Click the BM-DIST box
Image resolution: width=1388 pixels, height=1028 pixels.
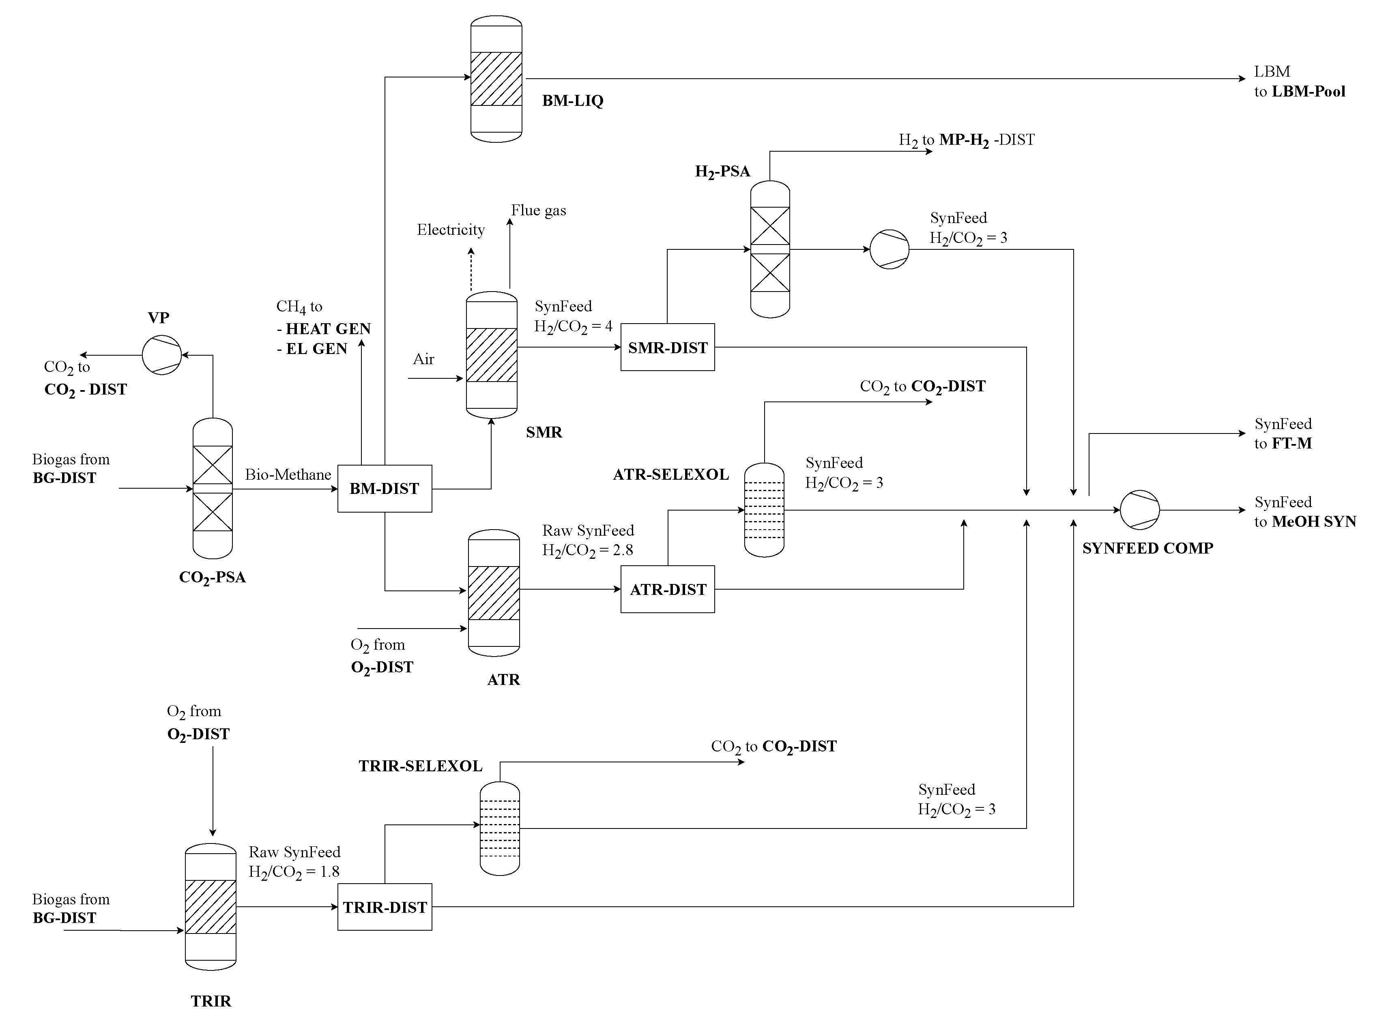385,489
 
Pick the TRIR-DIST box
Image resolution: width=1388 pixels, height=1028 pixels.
385,907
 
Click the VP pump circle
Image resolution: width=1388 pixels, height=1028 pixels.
162,355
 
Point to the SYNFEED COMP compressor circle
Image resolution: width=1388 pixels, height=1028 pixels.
1140,510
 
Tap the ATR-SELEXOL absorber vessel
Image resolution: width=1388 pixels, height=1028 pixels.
764,510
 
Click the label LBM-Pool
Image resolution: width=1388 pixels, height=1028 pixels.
1309,92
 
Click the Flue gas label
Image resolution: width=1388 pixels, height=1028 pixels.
538,210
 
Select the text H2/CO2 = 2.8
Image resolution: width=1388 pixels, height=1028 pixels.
588,551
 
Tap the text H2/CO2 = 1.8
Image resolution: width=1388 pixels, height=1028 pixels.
294,872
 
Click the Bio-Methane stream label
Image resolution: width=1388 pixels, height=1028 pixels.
288,475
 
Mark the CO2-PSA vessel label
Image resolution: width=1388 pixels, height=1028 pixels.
212,577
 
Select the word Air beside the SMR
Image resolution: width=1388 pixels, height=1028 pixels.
423,359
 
